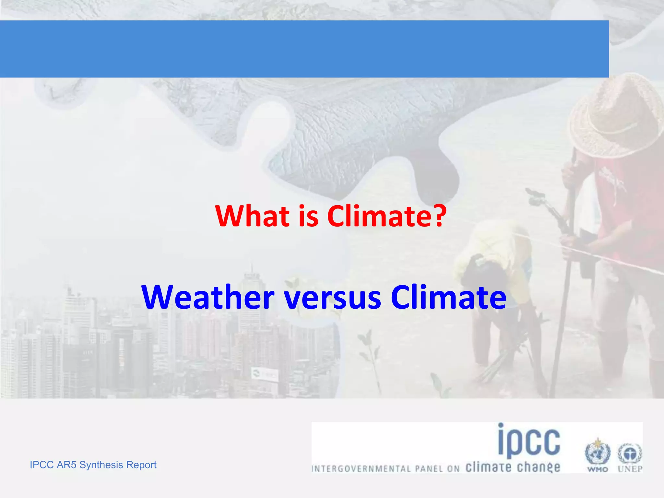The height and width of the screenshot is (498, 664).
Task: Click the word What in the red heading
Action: (x=253, y=216)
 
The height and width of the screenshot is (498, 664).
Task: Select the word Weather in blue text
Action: (x=208, y=297)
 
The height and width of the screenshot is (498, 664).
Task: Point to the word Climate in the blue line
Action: (x=448, y=297)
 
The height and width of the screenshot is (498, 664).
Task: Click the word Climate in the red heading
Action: (x=379, y=216)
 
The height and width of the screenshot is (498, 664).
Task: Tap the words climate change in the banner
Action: (x=513, y=468)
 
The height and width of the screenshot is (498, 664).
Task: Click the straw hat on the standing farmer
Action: (x=614, y=117)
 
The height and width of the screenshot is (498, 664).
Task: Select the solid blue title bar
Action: (x=304, y=49)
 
